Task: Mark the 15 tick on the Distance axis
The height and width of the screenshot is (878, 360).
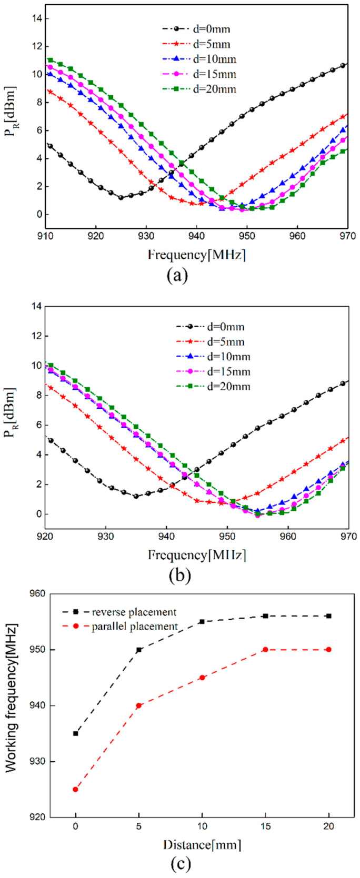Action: point(266,826)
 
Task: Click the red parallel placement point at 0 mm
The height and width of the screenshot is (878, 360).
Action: point(75,789)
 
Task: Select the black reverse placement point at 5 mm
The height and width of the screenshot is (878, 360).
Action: point(139,650)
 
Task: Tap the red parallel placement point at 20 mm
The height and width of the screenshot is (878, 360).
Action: point(329,650)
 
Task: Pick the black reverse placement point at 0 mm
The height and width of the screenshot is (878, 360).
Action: point(75,733)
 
